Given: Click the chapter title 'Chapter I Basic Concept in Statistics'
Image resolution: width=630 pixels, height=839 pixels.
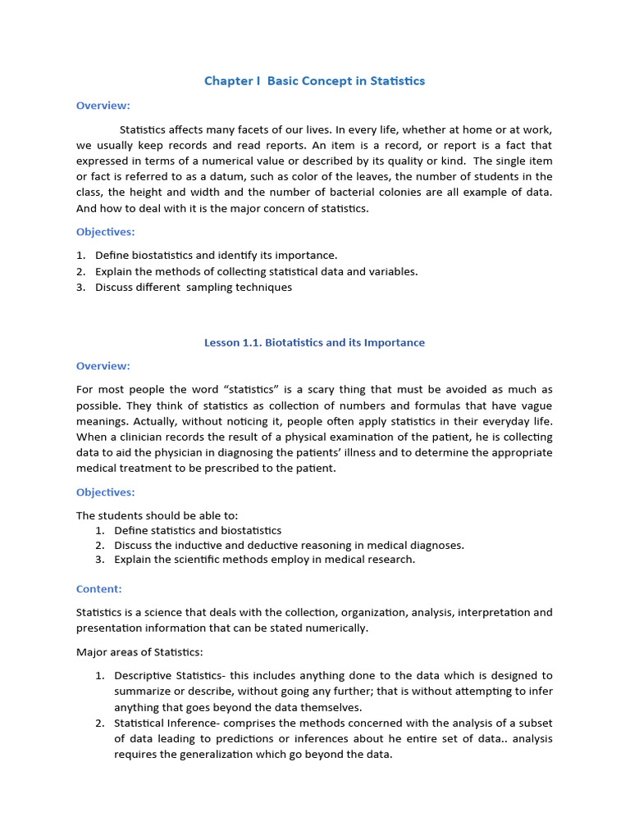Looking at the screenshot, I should pyautogui.click(x=314, y=80).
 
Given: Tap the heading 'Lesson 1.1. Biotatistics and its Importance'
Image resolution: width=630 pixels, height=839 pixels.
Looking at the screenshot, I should pyautogui.click(x=314, y=342).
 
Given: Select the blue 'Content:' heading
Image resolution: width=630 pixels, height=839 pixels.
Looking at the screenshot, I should pyautogui.click(x=98, y=588).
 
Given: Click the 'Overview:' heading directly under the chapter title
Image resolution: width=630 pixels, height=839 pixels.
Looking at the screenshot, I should pyautogui.click(x=103, y=105).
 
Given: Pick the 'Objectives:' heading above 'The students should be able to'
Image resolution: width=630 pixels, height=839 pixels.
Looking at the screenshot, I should pyautogui.click(x=105, y=492).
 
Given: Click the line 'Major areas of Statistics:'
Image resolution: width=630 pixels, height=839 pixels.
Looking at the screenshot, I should pyautogui.click(x=139, y=652).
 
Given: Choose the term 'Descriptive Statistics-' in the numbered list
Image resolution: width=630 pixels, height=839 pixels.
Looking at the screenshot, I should pyautogui.click(x=170, y=676).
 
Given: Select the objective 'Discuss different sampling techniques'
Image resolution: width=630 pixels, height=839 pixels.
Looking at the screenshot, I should pyautogui.click(x=193, y=287).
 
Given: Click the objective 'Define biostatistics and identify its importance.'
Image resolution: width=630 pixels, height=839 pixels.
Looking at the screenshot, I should pyautogui.click(x=216, y=255).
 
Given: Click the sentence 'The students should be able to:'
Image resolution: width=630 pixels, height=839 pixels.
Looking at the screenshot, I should pyautogui.click(x=157, y=515).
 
